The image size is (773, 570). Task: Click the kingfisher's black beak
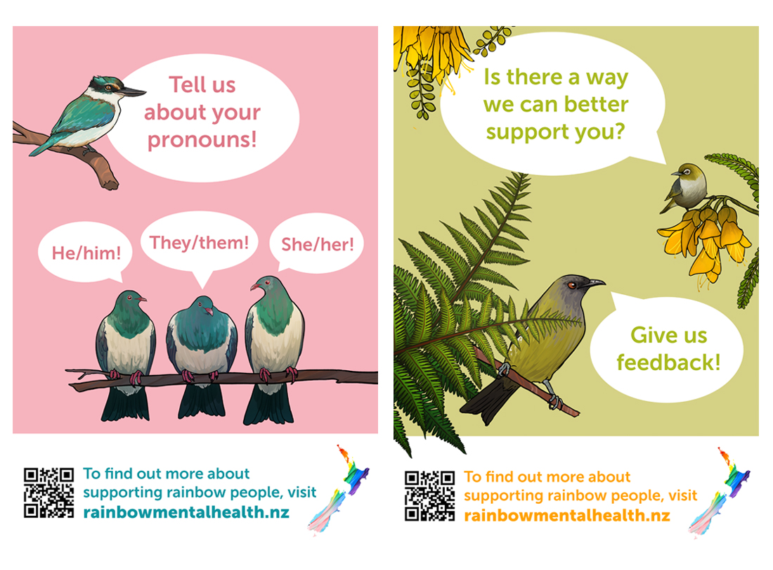(132, 91)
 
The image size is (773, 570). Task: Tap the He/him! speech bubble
(85, 252)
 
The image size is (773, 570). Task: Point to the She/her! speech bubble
(316, 243)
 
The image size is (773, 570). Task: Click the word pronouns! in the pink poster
(202, 139)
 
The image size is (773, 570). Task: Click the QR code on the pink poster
(48, 493)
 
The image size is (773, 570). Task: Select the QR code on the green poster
(429, 495)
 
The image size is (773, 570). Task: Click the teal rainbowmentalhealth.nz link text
(186, 512)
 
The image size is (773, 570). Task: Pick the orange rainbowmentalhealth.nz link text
(567, 515)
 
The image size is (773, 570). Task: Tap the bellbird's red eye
(572, 285)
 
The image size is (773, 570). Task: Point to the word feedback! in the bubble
(668, 362)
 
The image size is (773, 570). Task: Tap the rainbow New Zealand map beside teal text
(339, 489)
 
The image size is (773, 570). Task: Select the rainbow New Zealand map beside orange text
(720, 492)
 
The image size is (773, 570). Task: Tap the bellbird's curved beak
(596, 282)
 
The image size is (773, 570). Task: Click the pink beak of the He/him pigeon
(142, 298)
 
